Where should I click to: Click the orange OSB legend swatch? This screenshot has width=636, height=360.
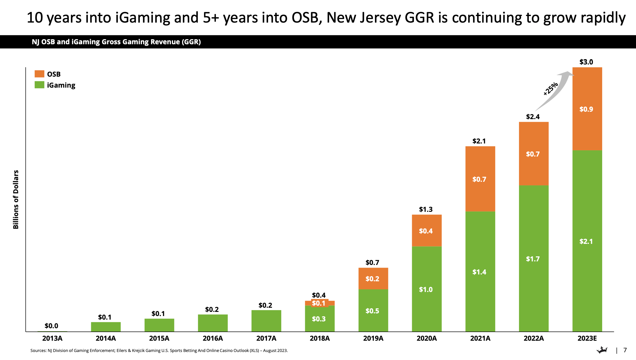(39, 74)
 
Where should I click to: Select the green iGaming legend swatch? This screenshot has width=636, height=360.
(39, 85)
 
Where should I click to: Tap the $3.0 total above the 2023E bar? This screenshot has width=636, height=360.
(586, 62)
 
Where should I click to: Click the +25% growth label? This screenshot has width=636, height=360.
(550, 89)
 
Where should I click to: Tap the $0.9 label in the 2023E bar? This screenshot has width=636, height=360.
(586, 109)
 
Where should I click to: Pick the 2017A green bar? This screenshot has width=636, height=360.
(266, 321)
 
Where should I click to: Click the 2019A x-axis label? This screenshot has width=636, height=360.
(373, 338)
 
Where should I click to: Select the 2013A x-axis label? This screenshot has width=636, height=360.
(52, 338)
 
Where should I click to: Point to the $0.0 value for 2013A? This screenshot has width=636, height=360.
(51, 326)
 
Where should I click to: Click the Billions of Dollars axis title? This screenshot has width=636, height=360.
(16, 200)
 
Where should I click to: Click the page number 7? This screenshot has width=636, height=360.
(625, 350)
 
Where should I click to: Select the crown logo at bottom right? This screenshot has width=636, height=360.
(602, 350)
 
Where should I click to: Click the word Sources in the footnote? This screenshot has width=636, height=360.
(38, 350)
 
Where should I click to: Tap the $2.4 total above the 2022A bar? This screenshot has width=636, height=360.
(533, 117)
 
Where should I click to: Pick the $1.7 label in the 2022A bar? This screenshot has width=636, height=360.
(533, 259)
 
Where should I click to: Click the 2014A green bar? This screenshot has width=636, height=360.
(106, 327)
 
